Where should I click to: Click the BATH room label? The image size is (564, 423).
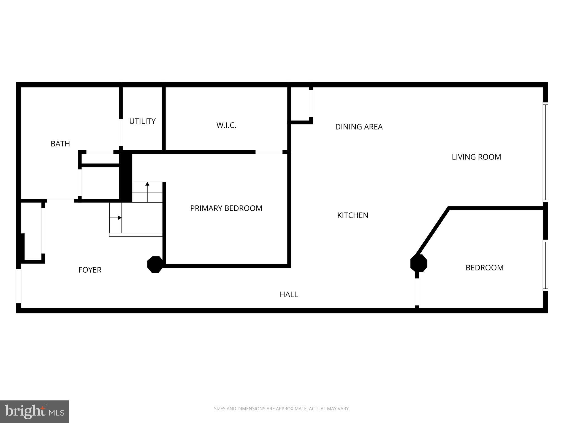coord(60,143)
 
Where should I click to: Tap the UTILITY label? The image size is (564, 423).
coord(142,121)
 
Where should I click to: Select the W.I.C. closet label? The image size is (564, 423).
coord(226,125)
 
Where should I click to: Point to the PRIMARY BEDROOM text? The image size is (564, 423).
coord(226,208)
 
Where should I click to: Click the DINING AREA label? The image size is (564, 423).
coord(359,127)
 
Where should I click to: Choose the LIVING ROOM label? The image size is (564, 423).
coord(476,157)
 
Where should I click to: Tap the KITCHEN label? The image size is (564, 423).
coord(352,215)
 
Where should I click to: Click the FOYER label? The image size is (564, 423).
coord(90,270)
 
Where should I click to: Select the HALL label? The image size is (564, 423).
coord(289,294)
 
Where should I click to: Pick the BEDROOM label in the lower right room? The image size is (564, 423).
coord(484,268)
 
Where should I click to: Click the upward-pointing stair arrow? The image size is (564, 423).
coord(147,184)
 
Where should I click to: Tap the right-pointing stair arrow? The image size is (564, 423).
coord(120,218)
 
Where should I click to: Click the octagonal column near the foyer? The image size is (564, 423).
coord(155,264)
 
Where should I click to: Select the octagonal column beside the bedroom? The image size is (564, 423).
coord(419,263)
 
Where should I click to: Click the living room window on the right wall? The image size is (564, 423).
coord(545,152)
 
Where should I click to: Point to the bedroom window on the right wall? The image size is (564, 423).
coord(545,265)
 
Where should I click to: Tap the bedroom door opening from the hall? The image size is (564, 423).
coord(417,292)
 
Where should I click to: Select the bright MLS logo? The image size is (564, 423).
coord(34,411)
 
